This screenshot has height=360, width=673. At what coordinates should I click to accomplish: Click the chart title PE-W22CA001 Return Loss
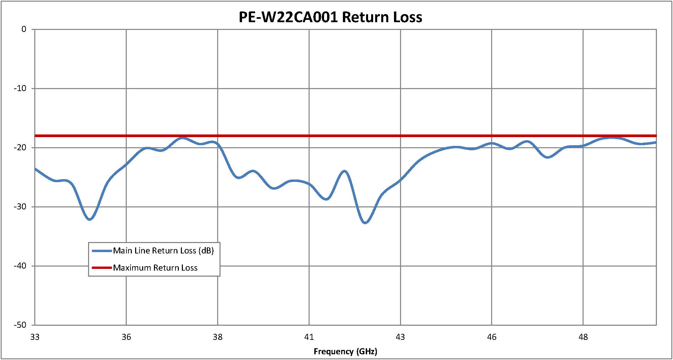[x=330, y=17]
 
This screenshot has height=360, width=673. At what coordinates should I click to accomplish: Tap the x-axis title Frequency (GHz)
[x=345, y=352]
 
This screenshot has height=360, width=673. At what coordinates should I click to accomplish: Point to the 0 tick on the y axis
[x=24, y=30]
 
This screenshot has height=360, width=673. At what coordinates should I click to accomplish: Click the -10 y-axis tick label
[x=20, y=88]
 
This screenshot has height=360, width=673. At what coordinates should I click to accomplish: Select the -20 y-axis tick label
[x=20, y=148]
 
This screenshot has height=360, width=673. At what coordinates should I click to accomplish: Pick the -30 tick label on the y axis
[x=20, y=207]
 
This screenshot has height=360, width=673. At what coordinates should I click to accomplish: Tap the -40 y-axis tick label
[x=20, y=266]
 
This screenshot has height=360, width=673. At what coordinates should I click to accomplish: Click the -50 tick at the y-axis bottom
[x=20, y=325]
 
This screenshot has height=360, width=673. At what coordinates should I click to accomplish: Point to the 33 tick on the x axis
[x=35, y=337]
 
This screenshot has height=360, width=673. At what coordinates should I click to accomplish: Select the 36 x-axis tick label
[x=126, y=337]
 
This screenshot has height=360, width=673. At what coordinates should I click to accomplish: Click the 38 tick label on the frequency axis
[x=218, y=337]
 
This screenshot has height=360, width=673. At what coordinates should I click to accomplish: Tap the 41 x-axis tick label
[x=309, y=337]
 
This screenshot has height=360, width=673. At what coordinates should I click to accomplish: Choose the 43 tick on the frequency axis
[x=400, y=337]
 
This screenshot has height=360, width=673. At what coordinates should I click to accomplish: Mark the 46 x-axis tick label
[x=492, y=337]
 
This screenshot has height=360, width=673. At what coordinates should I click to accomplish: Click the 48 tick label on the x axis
[x=583, y=337]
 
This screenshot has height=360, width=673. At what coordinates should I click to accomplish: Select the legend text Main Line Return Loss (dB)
[x=163, y=251]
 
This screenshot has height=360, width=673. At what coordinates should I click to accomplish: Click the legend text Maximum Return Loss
[x=155, y=268]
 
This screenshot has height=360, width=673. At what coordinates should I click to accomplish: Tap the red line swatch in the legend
[x=102, y=268]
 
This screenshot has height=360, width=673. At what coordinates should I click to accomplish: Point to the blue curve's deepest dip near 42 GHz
[x=365, y=223]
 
